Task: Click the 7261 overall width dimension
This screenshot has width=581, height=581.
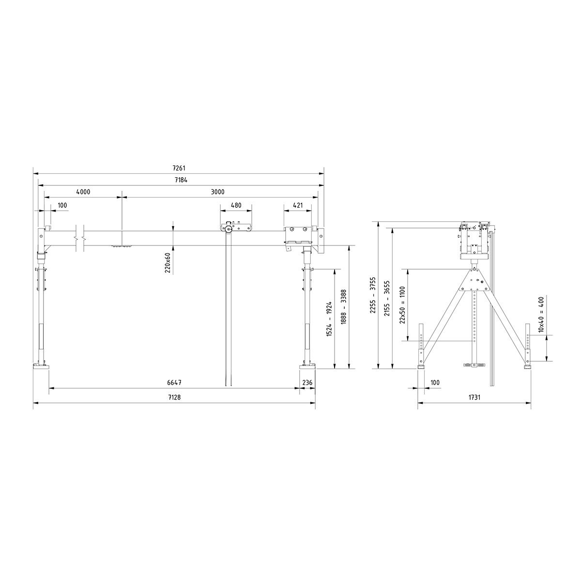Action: click(x=179, y=169)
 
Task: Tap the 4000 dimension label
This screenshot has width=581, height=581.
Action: click(x=83, y=192)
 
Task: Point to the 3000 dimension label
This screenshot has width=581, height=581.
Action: click(x=218, y=192)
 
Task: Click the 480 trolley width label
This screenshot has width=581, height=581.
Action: click(x=236, y=205)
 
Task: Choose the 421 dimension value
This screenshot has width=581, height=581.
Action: click(x=298, y=205)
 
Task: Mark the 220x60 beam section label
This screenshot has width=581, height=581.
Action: click(x=168, y=263)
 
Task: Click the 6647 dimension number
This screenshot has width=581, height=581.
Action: click(x=174, y=382)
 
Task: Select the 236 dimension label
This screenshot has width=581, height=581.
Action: click(x=307, y=382)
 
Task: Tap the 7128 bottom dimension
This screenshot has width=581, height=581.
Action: click(x=174, y=397)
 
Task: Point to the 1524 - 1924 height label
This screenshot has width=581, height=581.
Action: click(x=329, y=319)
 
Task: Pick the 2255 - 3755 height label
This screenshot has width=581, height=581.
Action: click(x=373, y=296)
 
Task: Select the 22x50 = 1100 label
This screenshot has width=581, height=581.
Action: click(x=403, y=306)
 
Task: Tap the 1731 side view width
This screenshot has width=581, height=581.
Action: click(x=474, y=397)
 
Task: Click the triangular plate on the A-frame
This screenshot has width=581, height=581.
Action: click(x=475, y=280)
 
